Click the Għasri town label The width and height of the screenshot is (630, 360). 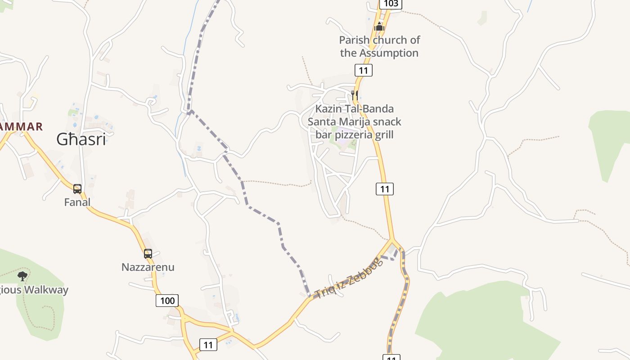[81, 139]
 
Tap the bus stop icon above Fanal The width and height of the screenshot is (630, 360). [77, 189]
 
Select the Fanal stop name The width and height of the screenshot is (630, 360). [77, 202]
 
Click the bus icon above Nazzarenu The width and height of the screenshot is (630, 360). [148, 254]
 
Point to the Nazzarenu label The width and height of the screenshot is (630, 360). [148, 267]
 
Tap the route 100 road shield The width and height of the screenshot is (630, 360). [167, 301]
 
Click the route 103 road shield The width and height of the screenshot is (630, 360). [391, 4]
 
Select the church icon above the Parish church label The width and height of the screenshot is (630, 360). [379, 27]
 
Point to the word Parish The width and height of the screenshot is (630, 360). [355, 40]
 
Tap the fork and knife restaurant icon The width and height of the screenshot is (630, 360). [355, 95]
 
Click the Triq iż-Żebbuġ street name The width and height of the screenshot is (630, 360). [349, 279]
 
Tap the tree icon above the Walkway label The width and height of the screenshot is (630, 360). [22, 276]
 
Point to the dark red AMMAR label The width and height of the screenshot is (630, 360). [21, 127]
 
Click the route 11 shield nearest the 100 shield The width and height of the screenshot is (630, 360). [208, 345]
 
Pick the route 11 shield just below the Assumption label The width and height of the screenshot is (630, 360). [364, 70]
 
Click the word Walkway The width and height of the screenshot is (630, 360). [46, 290]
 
